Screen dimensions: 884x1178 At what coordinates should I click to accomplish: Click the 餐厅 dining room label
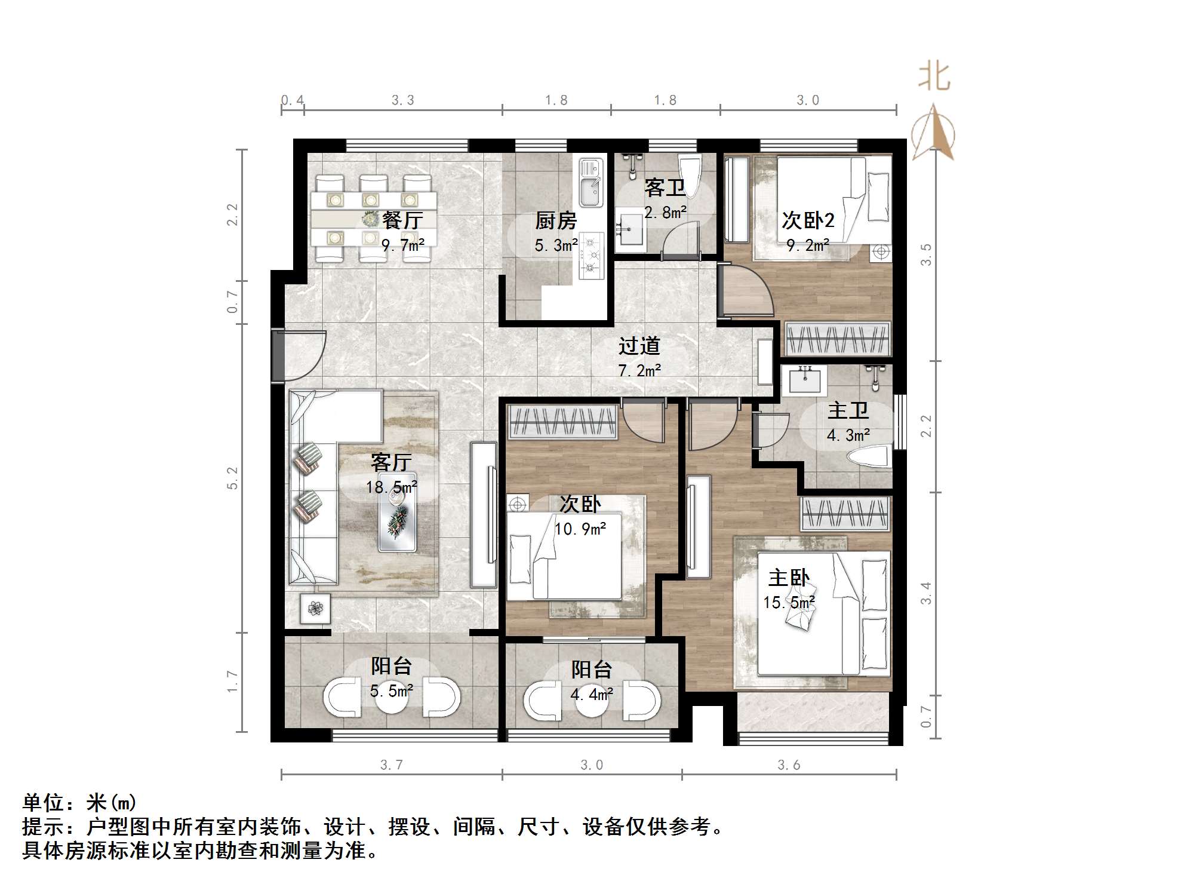pyautogui.click(x=402, y=220)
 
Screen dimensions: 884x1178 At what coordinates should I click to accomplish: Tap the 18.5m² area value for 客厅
pyautogui.click(x=391, y=487)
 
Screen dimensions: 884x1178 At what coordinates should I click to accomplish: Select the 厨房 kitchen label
pyautogui.click(x=555, y=221)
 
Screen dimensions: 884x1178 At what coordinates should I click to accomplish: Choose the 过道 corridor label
pyautogui.click(x=639, y=346)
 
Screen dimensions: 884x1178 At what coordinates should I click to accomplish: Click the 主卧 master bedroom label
pyautogui.click(x=789, y=578)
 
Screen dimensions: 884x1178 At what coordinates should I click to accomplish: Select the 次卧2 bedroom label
pyautogui.click(x=808, y=220)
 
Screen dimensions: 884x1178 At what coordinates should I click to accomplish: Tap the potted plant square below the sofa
pyautogui.click(x=315, y=609)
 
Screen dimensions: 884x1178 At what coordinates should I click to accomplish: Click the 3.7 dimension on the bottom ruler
pyautogui.click(x=391, y=765)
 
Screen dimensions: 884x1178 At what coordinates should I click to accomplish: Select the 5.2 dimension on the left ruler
pyautogui.click(x=232, y=478)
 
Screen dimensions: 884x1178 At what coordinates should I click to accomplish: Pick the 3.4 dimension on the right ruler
pyautogui.click(x=925, y=593)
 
